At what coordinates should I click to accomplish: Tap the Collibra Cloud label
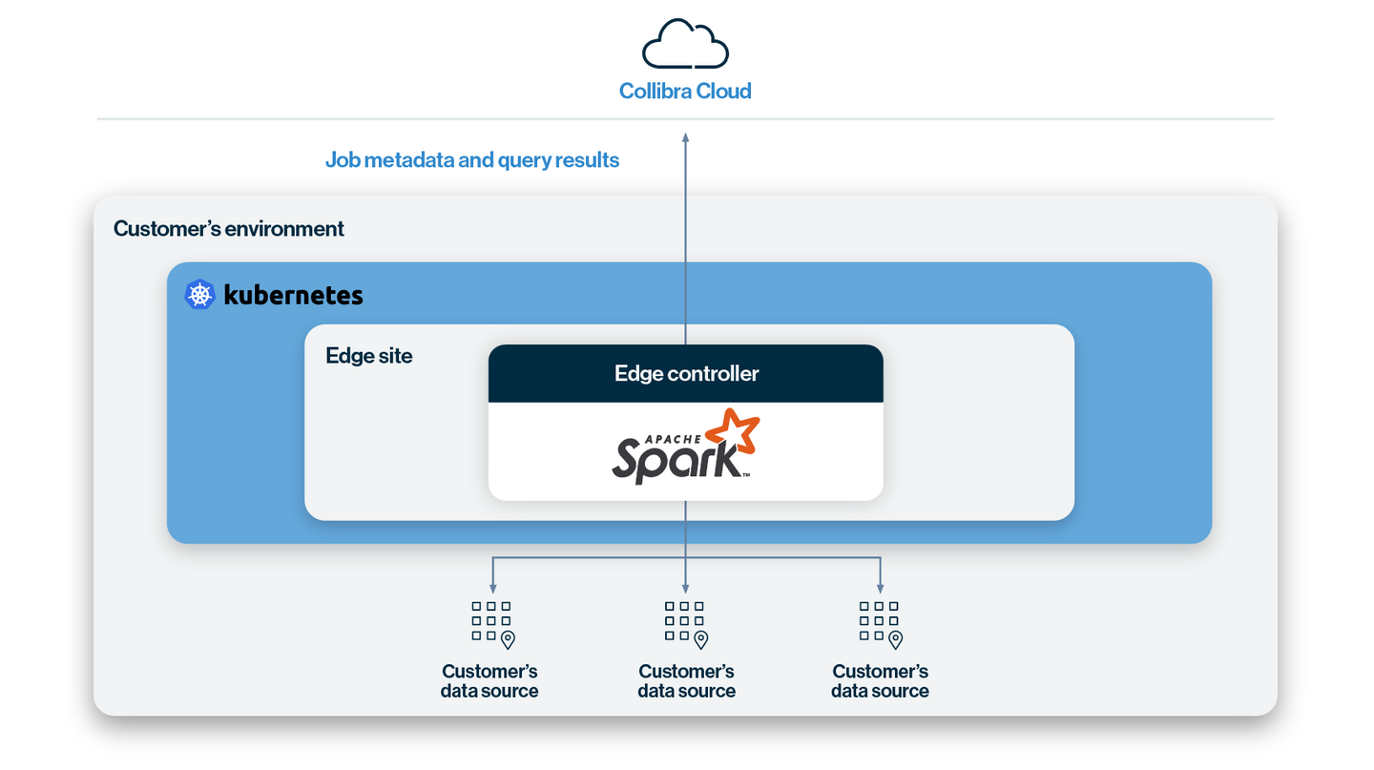point(685,92)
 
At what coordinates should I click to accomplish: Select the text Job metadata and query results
point(472,159)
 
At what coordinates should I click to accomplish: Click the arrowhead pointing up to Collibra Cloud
point(685,138)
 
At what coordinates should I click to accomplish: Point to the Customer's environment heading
point(229,229)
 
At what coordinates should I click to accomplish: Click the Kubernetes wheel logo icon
point(199,295)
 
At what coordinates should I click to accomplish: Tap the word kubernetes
point(293,296)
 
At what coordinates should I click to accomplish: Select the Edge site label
point(369,356)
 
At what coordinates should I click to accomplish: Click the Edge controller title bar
point(685,373)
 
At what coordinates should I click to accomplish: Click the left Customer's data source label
point(489,681)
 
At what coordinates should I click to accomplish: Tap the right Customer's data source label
point(880,681)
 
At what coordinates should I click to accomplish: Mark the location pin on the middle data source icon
point(701,639)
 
